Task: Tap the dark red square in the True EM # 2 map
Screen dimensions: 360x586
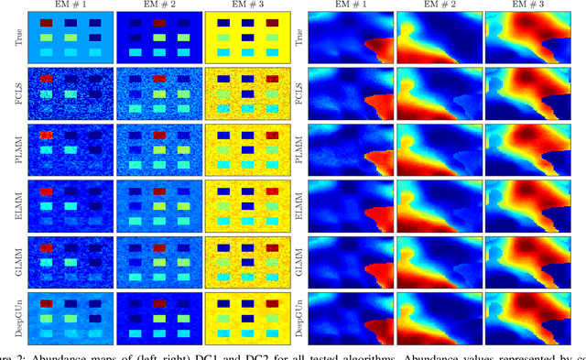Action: coord(161,22)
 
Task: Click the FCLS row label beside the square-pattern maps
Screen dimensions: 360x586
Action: coord(17,93)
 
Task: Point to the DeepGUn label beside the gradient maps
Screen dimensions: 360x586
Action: coord(299,315)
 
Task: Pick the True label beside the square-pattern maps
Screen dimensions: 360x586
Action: coord(17,37)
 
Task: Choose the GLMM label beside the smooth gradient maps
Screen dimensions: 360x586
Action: coord(299,259)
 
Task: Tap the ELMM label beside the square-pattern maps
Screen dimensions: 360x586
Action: coord(17,203)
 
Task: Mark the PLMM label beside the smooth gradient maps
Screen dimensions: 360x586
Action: coord(299,147)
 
